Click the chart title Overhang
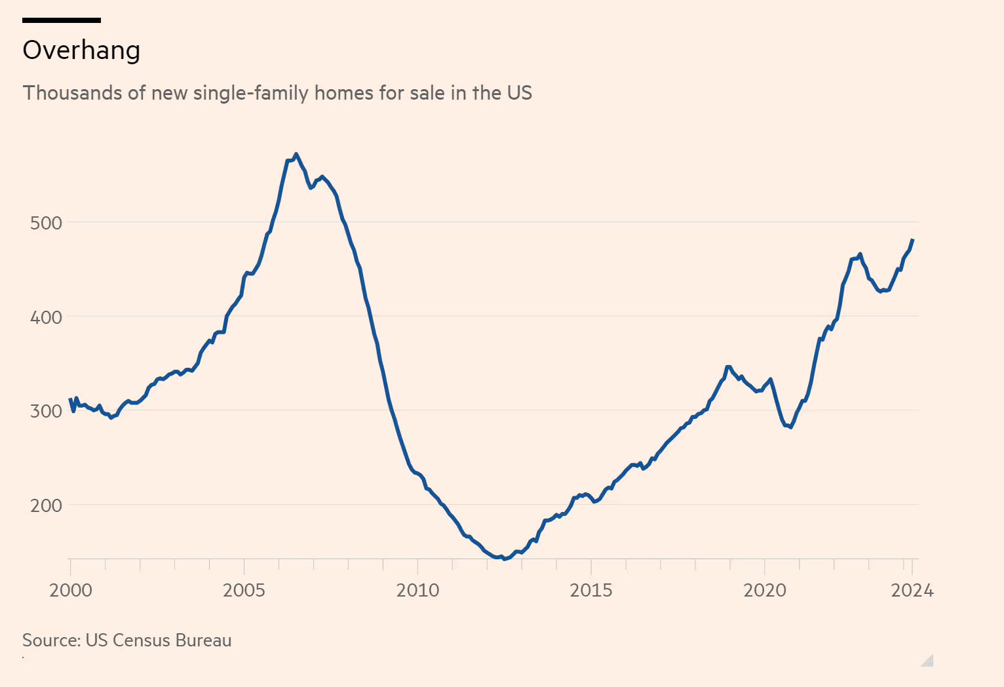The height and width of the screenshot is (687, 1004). click(81, 50)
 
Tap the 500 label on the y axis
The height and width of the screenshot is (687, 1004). click(46, 223)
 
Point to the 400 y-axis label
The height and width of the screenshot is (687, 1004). click(46, 317)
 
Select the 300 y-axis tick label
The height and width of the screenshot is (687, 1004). click(46, 411)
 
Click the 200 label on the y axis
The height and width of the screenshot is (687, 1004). click(46, 505)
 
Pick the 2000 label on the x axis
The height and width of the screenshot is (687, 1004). click(71, 591)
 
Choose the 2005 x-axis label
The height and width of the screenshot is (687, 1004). click(244, 591)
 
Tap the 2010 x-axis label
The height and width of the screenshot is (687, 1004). click(417, 591)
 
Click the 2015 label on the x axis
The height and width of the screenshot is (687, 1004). click(591, 591)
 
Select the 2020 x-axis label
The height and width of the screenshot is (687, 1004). click(764, 591)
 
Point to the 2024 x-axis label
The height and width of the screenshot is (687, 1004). click(912, 591)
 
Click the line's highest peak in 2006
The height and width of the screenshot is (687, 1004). click(296, 154)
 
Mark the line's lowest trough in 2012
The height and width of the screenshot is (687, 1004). click(503, 559)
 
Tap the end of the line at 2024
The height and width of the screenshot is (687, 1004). click(913, 240)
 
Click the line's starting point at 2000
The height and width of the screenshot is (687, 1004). click(70, 399)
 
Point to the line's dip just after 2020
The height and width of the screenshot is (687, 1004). click(791, 427)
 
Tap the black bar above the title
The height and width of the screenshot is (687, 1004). click(62, 20)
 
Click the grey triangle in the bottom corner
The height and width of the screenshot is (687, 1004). click(928, 661)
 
